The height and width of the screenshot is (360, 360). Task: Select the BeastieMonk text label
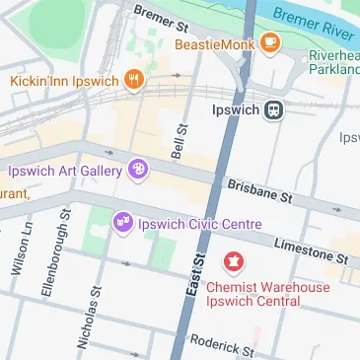click(x=214, y=44)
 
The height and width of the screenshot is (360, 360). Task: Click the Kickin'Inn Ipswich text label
click(x=64, y=79)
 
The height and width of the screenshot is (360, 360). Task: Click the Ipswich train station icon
click(x=274, y=110)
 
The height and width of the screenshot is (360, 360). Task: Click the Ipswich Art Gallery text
click(x=66, y=171)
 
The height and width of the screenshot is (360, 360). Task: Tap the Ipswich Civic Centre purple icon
click(x=123, y=223)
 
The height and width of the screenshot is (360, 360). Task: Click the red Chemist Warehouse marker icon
click(x=235, y=262)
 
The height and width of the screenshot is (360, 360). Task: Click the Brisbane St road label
click(x=259, y=190)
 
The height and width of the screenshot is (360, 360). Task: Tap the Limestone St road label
click(x=311, y=250)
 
